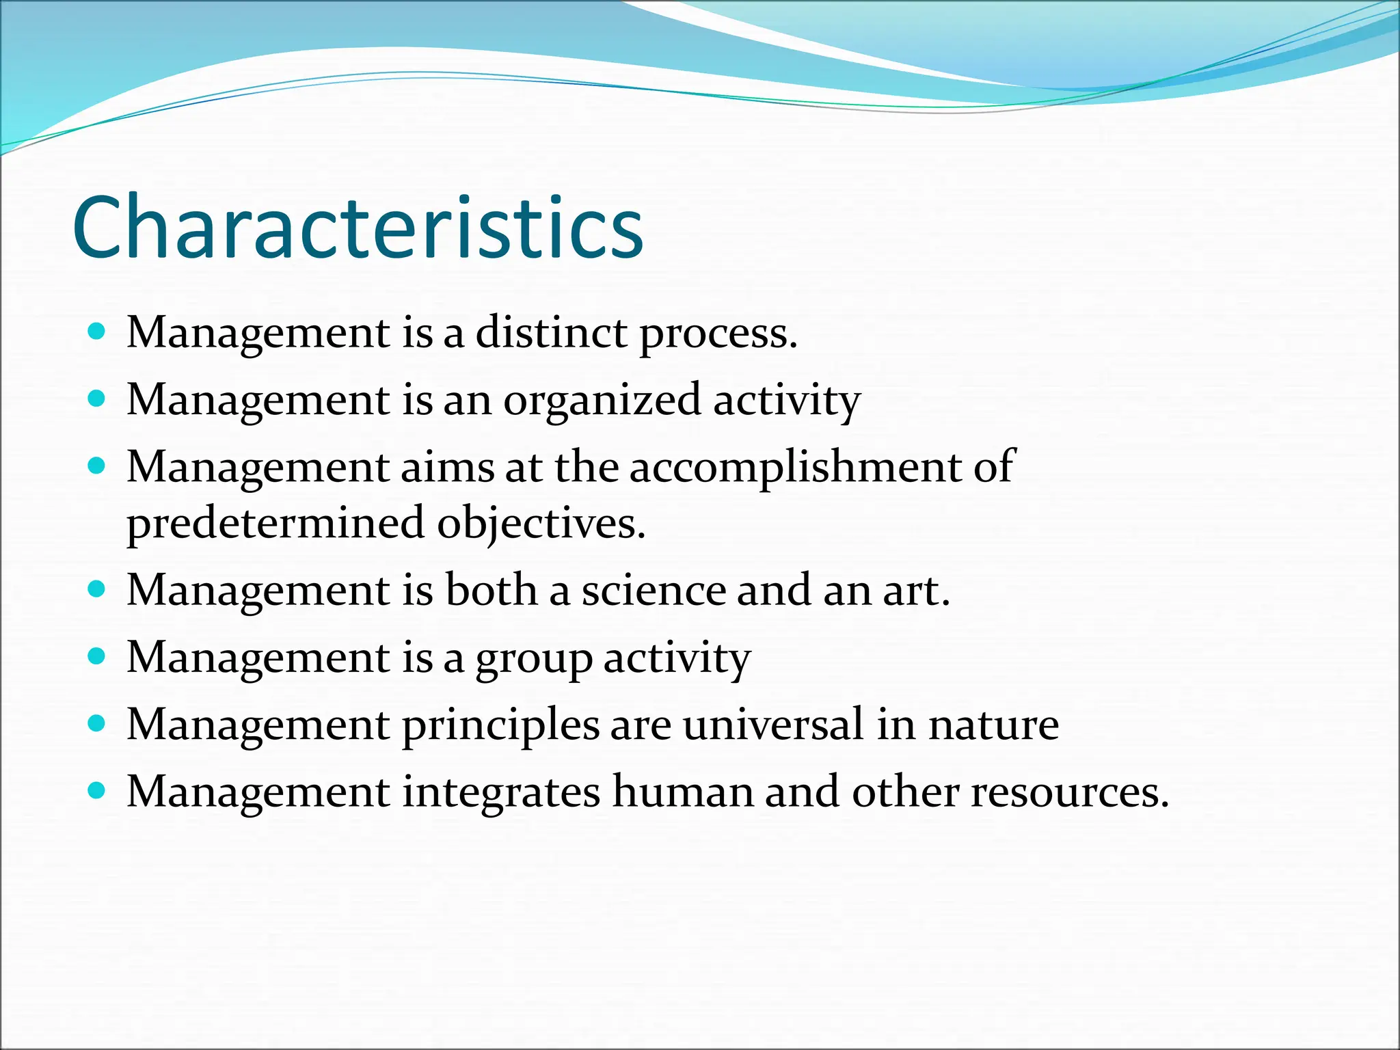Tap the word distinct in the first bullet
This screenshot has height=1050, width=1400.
click(551, 333)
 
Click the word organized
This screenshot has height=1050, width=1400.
click(602, 401)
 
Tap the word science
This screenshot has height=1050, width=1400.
click(653, 590)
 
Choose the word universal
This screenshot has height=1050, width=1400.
click(773, 724)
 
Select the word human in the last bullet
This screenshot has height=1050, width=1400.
click(682, 792)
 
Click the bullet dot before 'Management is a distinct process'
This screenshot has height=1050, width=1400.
click(97, 332)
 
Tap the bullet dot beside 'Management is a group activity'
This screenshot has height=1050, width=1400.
click(97, 657)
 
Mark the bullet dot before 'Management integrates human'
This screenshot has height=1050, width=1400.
click(97, 791)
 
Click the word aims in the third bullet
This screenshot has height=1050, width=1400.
click(447, 468)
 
